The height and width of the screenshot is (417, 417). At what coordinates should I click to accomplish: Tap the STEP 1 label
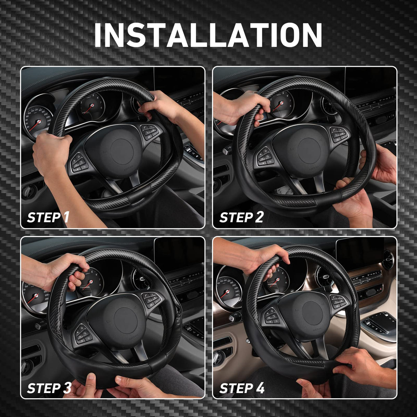coord(48,217)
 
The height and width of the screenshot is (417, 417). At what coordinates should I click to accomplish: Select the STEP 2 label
coord(241,217)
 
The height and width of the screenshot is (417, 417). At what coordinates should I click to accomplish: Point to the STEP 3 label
coord(49,388)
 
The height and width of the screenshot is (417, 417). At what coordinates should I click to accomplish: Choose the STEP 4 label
coord(242,388)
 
